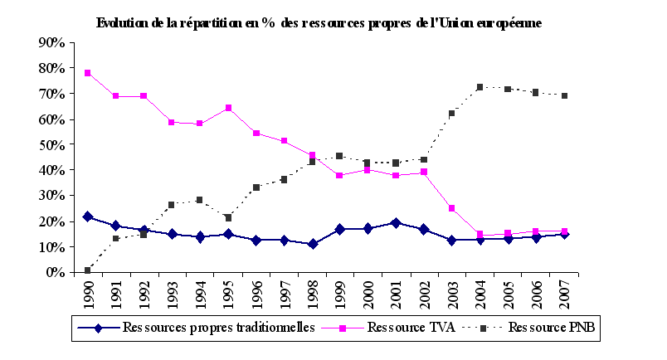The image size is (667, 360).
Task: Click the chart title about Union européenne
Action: (319, 23)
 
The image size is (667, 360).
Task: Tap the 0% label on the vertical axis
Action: (55, 272)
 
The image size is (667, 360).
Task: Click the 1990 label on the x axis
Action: (89, 294)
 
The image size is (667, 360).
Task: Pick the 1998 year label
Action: (313, 294)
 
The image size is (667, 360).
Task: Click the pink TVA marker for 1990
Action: (87, 73)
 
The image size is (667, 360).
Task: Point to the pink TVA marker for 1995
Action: (228, 108)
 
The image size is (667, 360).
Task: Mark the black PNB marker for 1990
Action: (87, 270)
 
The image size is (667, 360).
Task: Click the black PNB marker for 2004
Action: (480, 87)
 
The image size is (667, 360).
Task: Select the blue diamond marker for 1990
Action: (87, 216)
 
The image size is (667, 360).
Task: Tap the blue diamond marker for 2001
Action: (396, 223)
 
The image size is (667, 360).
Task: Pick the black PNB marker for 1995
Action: (228, 217)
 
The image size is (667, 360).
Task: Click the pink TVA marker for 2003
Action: (452, 208)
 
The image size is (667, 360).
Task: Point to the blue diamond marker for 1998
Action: (312, 244)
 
